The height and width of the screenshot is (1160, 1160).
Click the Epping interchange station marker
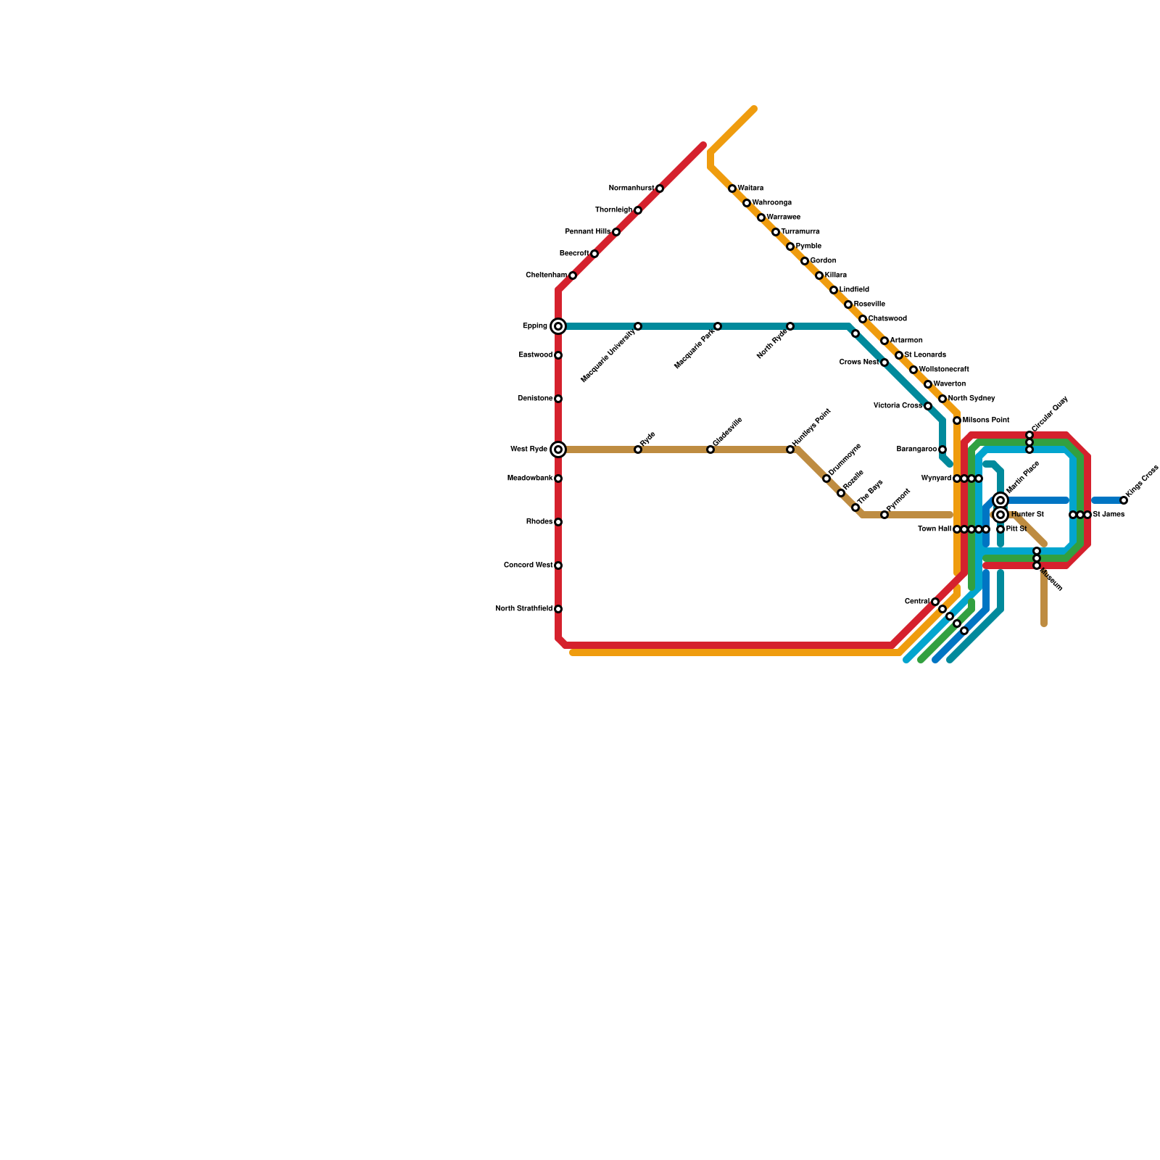[558, 326]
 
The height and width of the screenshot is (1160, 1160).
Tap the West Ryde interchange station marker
[558, 449]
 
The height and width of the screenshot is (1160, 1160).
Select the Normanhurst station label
[631, 188]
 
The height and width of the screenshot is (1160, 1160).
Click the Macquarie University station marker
[638, 326]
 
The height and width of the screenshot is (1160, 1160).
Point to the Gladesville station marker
[710, 449]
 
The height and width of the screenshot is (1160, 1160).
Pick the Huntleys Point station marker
[790, 449]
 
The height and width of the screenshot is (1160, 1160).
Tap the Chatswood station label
[887, 319]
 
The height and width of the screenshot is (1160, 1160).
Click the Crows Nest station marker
[884, 362]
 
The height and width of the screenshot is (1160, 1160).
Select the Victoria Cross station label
[898, 406]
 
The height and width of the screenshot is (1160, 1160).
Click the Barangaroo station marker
[942, 449]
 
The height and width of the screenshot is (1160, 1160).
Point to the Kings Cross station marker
[1124, 500]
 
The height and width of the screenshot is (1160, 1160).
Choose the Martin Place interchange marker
[1000, 500]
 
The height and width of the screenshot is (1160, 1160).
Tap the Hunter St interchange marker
[1000, 515]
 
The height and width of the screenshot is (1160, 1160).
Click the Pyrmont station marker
[884, 515]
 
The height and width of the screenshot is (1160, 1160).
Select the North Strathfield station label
[524, 609]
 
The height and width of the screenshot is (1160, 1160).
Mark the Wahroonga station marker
[747, 203]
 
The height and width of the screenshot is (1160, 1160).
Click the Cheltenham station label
[547, 275]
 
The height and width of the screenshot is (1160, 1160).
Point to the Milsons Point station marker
[957, 420]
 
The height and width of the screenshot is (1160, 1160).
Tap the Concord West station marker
[558, 565]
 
